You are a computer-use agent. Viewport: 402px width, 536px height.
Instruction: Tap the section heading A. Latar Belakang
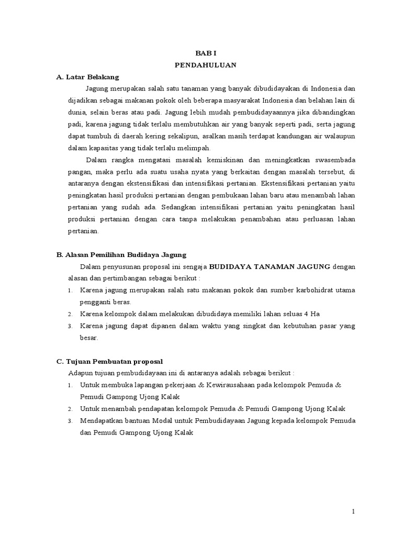(x=87, y=77)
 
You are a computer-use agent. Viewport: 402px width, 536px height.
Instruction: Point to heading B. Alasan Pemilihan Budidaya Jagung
(x=121, y=255)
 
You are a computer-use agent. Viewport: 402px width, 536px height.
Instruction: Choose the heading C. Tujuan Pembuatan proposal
(x=110, y=361)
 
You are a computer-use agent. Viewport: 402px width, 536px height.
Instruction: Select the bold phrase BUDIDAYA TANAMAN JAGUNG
(x=269, y=266)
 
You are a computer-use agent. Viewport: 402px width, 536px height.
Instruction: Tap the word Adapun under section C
(x=80, y=373)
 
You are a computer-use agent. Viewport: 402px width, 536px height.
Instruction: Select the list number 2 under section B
(x=70, y=314)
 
